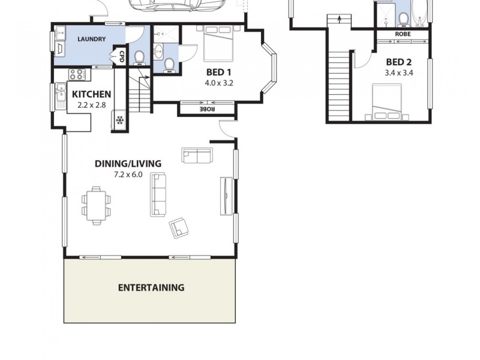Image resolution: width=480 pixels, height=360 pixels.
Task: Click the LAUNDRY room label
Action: click(92, 40)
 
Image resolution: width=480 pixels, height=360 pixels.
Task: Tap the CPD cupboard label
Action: click(122, 56)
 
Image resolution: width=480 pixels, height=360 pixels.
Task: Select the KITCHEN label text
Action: click(91, 94)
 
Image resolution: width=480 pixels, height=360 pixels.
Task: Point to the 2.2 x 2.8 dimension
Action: click(91, 105)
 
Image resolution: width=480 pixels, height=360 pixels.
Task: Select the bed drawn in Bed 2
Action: click(386, 102)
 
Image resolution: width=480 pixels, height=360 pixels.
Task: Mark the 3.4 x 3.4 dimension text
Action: click(399, 73)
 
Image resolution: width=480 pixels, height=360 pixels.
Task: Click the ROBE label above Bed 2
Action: click(403, 34)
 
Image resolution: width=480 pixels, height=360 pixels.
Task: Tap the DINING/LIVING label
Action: click(128, 163)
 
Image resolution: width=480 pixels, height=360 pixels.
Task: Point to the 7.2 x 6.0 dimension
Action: click(128, 175)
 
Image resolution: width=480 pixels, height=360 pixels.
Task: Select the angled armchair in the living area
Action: click(179, 227)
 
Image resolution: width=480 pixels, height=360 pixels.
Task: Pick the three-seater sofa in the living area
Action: click(158, 194)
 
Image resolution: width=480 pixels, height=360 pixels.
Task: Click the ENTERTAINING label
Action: click(151, 287)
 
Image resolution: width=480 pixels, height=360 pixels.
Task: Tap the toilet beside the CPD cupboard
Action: click(139, 57)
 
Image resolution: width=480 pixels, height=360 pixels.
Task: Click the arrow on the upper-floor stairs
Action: click(340, 19)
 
